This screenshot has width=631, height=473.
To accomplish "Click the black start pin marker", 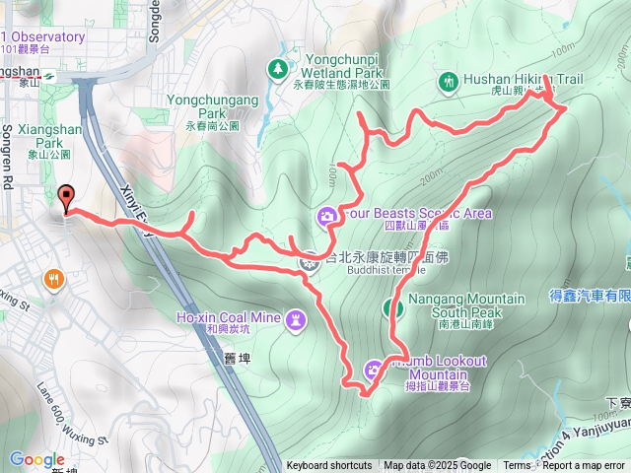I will pos(67,198).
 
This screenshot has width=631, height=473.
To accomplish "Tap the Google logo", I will pos(36,459).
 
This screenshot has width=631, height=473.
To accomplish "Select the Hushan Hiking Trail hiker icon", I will pos(449,81).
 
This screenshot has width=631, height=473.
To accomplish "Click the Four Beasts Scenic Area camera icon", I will pos(326,215).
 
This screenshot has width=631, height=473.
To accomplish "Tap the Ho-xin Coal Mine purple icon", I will pos(297,318).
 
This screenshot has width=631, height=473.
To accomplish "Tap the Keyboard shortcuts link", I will pos(329,466).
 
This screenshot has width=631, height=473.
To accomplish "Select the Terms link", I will pos(517,466).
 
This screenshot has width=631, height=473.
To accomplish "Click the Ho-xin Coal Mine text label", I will pos(224,317).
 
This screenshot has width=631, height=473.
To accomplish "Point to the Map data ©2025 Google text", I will pos(437,466).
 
